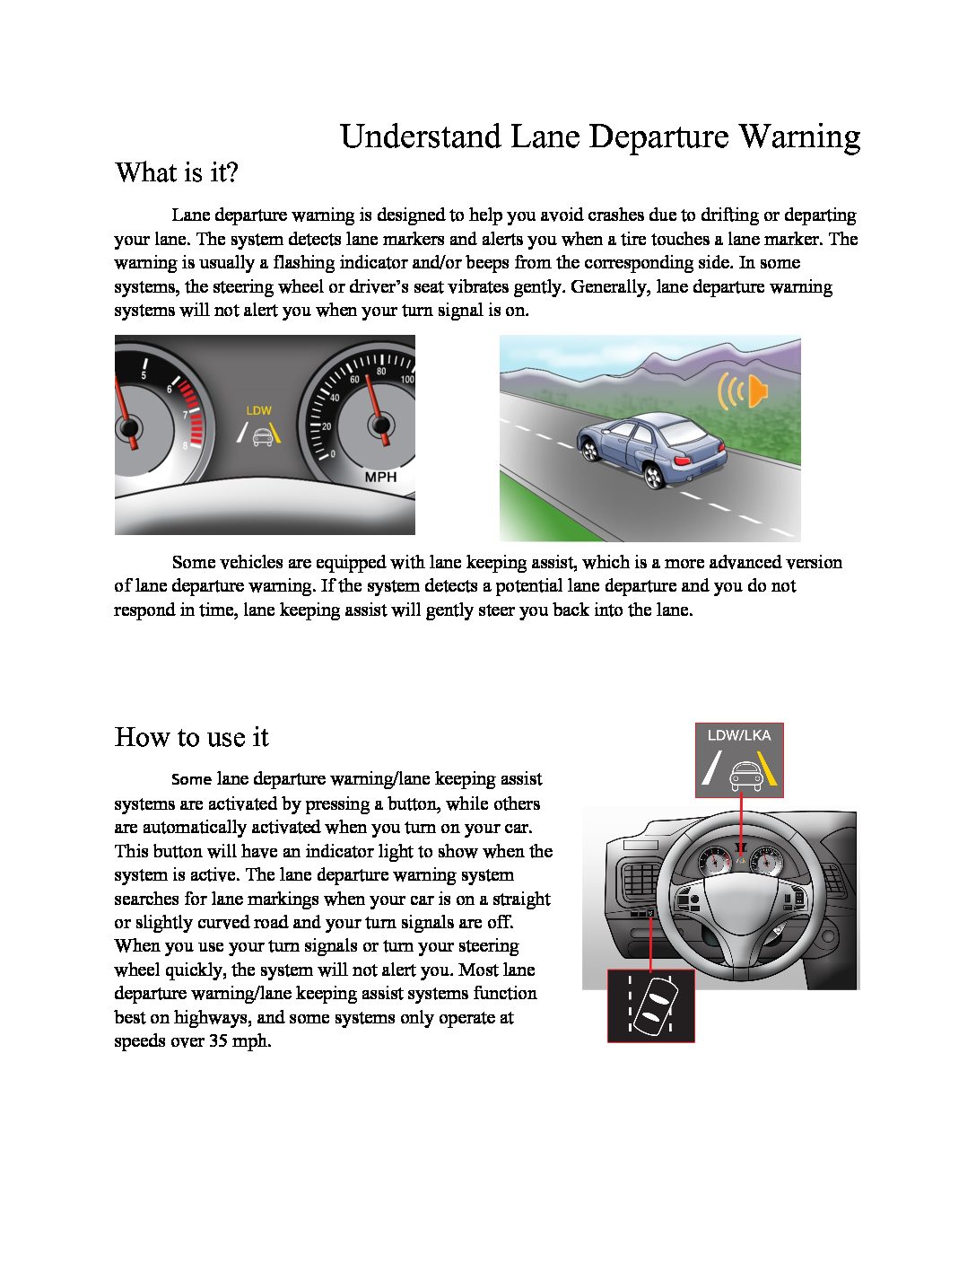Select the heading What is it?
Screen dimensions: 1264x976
pyautogui.click(x=177, y=172)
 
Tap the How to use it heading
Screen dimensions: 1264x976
pyautogui.click(x=191, y=738)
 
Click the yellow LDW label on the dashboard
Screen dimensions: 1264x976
pyautogui.click(x=259, y=410)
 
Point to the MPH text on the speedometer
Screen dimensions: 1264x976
pyautogui.click(x=380, y=477)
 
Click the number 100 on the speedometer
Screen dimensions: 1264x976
pyautogui.click(x=406, y=380)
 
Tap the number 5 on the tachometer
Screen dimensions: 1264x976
pyautogui.click(x=144, y=375)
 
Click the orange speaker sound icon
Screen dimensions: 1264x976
pyautogui.click(x=742, y=391)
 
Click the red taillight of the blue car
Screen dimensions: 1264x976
pyautogui.click(x=683, y=461)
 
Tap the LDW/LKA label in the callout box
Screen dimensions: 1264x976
pyautogui.click(x=739, y=735)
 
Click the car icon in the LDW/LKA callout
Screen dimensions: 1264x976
pyautogui.click(x=745, y=775)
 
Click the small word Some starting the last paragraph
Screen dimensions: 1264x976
pyautogui.click(x=191, y=779)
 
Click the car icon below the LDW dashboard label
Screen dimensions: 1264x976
pyautogui.click(x=262, y=436)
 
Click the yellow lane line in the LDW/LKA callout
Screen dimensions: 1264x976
pyautogui.click(x=767, y=769)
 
